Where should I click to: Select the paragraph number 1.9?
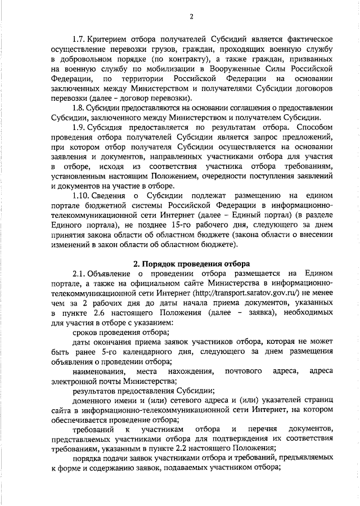80,127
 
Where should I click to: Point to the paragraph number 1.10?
82,195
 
